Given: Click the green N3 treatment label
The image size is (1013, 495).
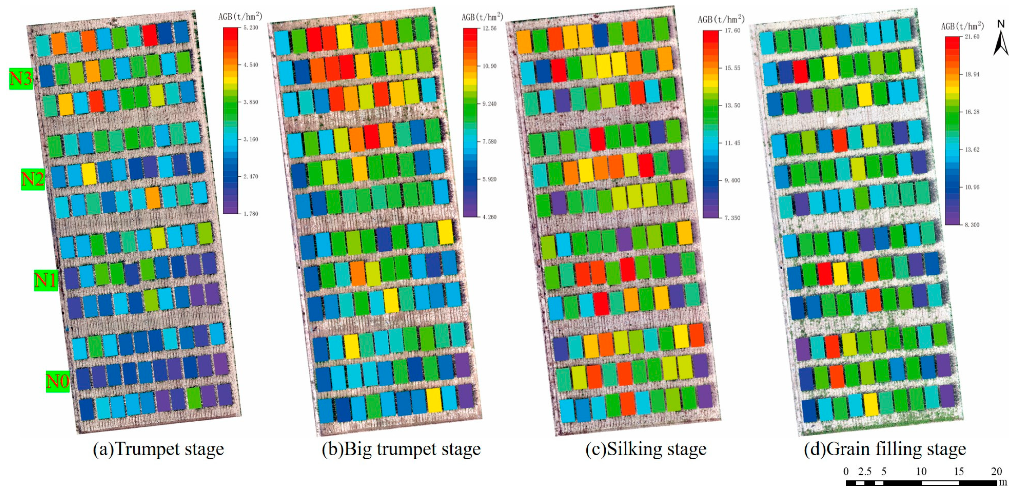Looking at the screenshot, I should pyautogui.click(x=21, y=79).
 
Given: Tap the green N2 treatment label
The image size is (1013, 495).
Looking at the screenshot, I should pyautogui.click(x=33, y=180).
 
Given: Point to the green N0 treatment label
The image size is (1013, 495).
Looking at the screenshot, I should pyautogui.click(x=58, y=381).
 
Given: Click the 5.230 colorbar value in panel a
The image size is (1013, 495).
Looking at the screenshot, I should pyautogui.click(x=251, y=27).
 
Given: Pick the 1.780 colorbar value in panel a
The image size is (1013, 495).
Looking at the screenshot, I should pyautogui.click(x=251, y=214).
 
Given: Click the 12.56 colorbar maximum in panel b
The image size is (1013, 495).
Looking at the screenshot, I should pyautogui.click(x=489, y=28).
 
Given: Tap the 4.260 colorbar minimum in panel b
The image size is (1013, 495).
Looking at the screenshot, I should pyautogui.click(x=489, y=217).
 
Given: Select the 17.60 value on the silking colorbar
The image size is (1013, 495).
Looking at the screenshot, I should pyautogui.click(x=732, y=30).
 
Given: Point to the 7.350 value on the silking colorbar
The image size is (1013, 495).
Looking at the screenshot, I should pyautogui.click(x=732, y=217).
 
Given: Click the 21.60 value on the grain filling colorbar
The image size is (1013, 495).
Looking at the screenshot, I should pyautogui.click(x=972, y=37).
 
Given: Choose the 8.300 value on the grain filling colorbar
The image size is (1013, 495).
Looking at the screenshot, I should pyautogui.click(x=972, y=225).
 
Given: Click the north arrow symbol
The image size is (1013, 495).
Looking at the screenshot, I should pyautogui.click(x=1001, y=41).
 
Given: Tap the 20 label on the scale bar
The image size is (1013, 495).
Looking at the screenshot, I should pyautogui.click(x=996, y=471).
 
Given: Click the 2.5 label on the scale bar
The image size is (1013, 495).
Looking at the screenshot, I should pyautogui.click(x=865, y=471).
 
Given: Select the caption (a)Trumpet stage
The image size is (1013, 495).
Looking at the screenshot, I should pyautogui.click(x=159, y=449).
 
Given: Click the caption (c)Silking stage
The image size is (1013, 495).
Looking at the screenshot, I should pyautogui.click(x=646, y=449).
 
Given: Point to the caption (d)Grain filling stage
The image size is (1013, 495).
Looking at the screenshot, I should pyautogui.click(x=885, y=449).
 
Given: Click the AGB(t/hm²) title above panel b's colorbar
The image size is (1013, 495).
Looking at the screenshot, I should pyautogui.click(x=482, y=17).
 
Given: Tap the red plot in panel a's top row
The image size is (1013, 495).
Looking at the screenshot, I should pyautogui.click(x=150, y=35).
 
